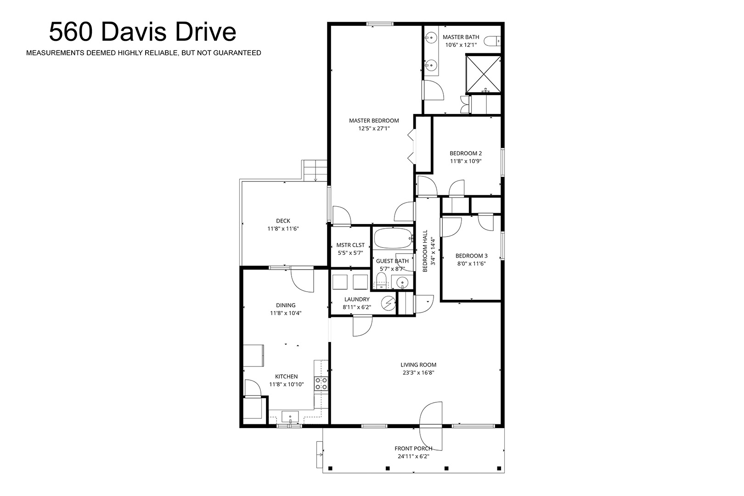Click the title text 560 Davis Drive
click(142, 32)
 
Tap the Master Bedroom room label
click(374, 121)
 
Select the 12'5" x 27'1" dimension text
click(374, 129)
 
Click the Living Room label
click(418, 365)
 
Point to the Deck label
click(283, 221)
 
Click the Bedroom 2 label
click(466, 153)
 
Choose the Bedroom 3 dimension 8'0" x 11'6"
click(471, 264)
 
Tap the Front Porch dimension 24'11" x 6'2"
click(413, 457)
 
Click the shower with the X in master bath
click(483, 74)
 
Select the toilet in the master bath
click(492, 41)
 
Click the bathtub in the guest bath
click(393, 238)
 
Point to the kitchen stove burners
click(321, 383)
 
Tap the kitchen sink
click(290, 417)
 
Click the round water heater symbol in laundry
click(388, 303)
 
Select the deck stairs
click(315, 170)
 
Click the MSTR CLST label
click(350, 245)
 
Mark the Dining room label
click(286, 305)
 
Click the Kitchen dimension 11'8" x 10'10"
click(286, 385)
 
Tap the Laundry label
click(357, 299)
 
